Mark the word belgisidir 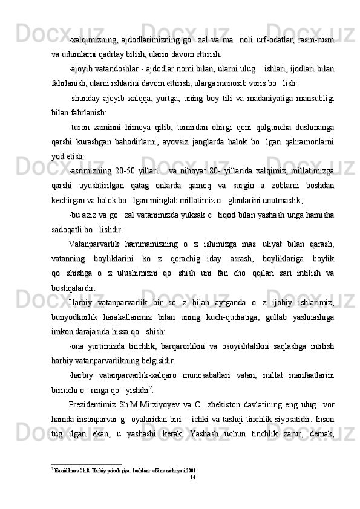[159, 378]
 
